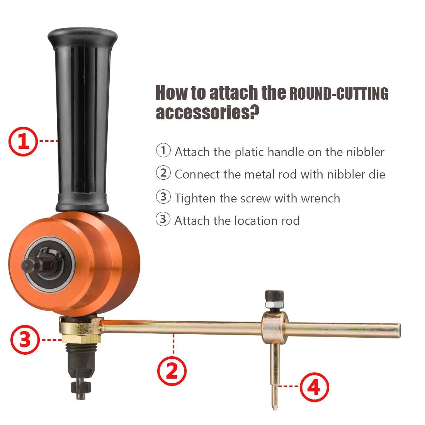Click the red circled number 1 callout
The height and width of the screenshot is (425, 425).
(x=23, y=141)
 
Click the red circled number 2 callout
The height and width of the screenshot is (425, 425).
(x=172, y=371)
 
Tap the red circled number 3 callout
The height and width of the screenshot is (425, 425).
(x=25, y=340)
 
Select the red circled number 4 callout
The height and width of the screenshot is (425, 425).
(x=314, y=387)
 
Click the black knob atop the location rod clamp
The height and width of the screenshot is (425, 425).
(x=274, y=298)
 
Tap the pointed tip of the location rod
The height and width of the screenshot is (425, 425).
(x=274, y=406)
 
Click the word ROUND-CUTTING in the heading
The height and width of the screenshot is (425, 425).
(x=338, y=94)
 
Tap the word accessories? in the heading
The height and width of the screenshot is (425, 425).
(x=207, y=112)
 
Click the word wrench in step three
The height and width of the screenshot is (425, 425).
(x=320, y=198)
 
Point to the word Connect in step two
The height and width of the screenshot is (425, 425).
(x=197, y=174)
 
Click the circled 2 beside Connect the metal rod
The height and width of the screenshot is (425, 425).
(x=163, y=173)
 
